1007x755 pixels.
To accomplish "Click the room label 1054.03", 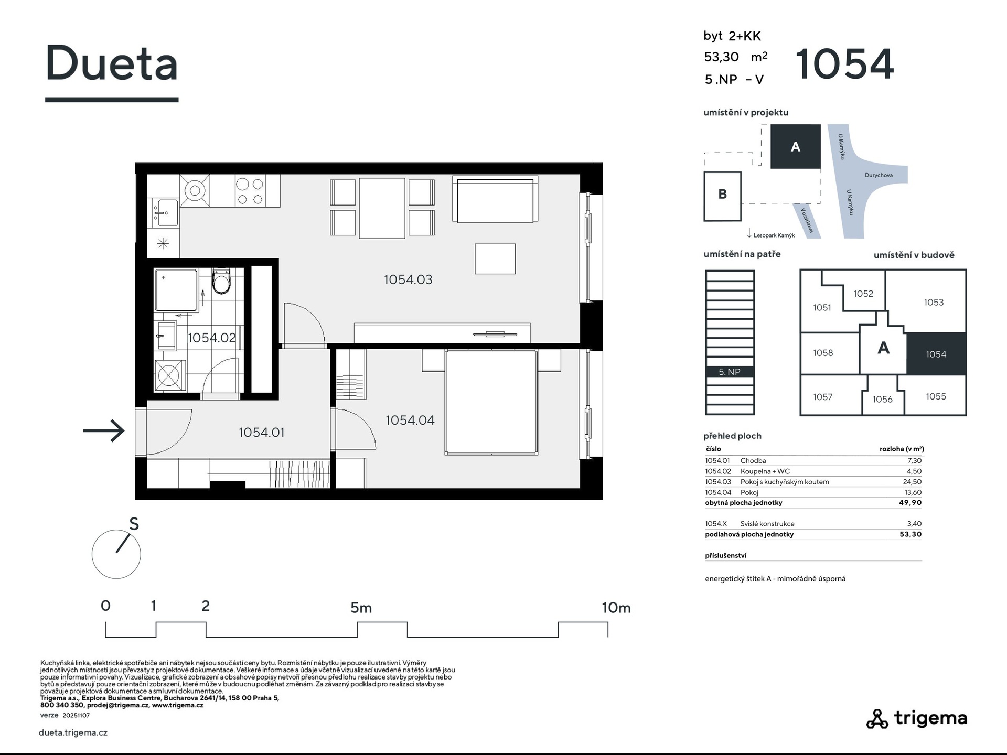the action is tap(408, 279).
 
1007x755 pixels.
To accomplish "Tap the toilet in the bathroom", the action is tap(221, 281).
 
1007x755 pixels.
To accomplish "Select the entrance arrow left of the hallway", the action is tap(104, 431).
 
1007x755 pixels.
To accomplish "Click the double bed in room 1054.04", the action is tap(491, 402).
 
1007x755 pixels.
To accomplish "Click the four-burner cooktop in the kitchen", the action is tap(249, 191).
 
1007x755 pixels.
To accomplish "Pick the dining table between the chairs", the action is tap(382, 208).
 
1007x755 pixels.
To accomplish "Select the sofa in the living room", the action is tap(495, 199).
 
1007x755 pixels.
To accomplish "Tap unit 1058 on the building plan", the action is tap(823, 353).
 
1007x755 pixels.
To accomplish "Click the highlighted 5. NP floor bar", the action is tap(730, 372).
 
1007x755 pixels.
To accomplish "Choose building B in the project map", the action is tap(722, 196).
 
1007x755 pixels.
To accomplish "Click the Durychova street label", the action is tap(879, 175).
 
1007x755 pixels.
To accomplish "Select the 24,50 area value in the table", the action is tap(913, 482).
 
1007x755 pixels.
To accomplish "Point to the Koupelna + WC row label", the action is tap(765, 471).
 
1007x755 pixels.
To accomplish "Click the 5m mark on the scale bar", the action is tap(361, 608).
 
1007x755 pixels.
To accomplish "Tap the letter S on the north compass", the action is tap(134, 524).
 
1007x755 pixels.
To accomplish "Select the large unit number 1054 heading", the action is tap(844, 64).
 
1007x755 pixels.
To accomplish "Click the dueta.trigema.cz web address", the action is tap(73, 732).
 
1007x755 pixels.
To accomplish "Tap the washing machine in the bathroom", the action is tap(168, 375).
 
